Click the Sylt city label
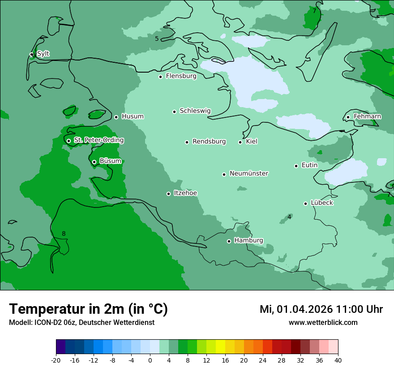coord(43,54)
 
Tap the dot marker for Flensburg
coord(160,77)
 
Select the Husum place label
coord(133,117)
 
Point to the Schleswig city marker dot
coord(175,112)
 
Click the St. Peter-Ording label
coord(98,140)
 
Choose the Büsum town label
coord(110,161)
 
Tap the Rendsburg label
coord(209,142)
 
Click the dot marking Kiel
coord(240,142)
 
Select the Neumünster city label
coord(249,173)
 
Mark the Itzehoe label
coord(185,193)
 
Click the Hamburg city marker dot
coord(229,241)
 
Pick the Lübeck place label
coord(322,203)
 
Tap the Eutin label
coord(309,165)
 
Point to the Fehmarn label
coord(367,117)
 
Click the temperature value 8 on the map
coord(64,234)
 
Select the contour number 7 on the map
coord(314,11)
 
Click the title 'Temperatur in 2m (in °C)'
coord(89,309)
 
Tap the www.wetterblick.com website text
coord(323,322)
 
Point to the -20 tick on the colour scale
coord(56,360)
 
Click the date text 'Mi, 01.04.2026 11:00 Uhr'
coord(321,309)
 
